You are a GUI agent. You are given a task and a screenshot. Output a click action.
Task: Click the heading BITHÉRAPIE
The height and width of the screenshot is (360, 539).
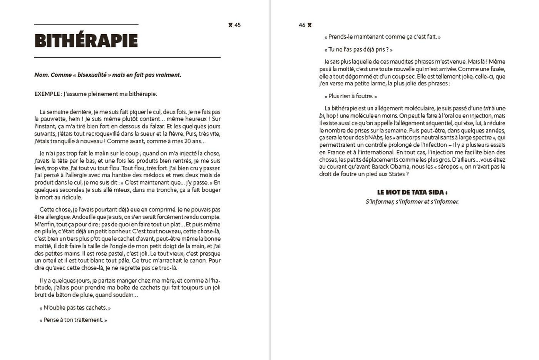point(86,41)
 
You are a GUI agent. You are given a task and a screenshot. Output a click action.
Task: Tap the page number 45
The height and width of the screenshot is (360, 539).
point(238,25)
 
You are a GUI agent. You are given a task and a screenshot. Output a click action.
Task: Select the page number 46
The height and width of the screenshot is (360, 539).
point(302,25)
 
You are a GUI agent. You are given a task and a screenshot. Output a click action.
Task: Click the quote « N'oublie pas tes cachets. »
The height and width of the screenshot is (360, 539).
point(75,308)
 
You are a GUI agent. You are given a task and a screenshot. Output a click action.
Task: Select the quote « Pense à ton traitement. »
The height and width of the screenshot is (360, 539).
point(73,320)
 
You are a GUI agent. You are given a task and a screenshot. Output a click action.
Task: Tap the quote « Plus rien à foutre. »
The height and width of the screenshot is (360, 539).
point(351,96)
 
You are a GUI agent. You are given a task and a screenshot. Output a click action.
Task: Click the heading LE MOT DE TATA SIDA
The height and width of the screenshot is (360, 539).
point(412,193)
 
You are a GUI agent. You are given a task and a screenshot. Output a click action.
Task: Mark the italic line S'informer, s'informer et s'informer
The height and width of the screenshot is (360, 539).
point(412,202)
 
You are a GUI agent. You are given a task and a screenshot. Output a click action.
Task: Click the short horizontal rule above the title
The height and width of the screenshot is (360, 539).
point(86,25)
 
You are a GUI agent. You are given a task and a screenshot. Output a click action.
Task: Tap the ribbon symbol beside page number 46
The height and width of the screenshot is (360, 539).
point(310,25)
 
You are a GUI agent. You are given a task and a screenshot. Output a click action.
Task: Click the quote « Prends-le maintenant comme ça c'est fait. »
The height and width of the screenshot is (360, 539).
point(382,37)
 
